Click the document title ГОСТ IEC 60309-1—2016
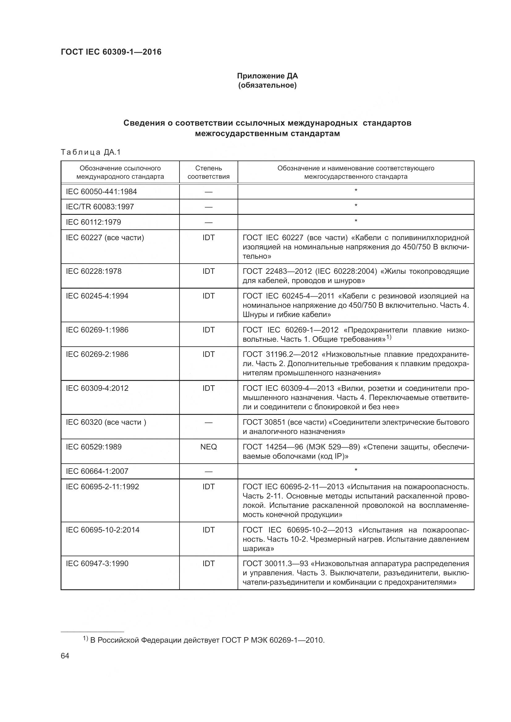pos(111,52)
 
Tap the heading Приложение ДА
pos(267,76)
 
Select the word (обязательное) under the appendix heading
pos(267,85)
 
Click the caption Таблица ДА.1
pos(91,152)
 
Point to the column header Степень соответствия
pos(208,172)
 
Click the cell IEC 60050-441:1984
pos(101,191)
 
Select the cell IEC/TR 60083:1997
pos(100,207)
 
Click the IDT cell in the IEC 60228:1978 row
pos(208,271)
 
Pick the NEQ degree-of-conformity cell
pos(208,447)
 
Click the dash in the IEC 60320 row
pos(208,423)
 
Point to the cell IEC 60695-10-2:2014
pos(103,530)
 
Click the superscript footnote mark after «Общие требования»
pos(389,337)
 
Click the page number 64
pos(65,656)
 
